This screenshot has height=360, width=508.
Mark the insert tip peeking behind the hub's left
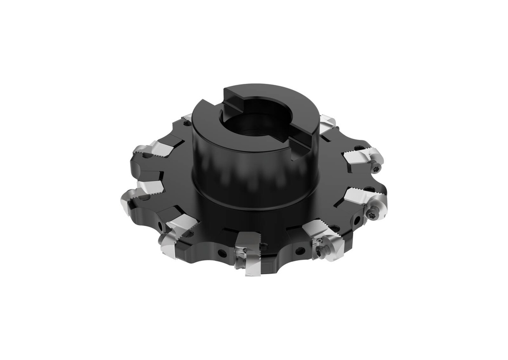tap(187, 119)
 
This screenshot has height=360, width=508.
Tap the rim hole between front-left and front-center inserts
tap(222, 253)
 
